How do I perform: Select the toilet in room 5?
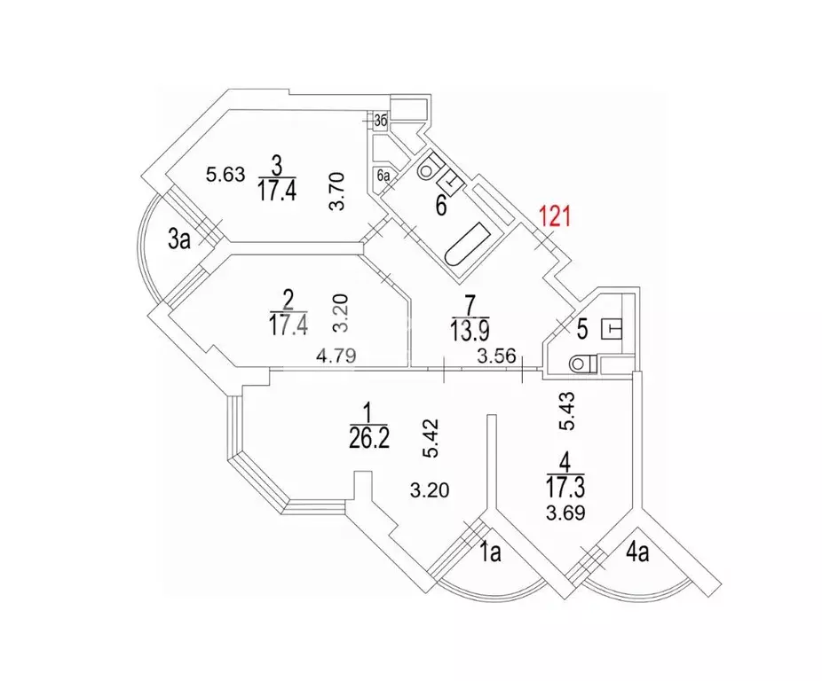[581, 364]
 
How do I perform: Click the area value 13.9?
[470, 331]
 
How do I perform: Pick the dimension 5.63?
[225, 175]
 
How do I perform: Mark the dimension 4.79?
[336, 356]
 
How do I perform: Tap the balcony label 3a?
[180, 238]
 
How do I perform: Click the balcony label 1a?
[491, 554]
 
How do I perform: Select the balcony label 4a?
[636, 554]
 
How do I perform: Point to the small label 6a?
[384, 176]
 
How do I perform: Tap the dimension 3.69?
[565, 513]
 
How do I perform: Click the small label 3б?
[379, 121]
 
